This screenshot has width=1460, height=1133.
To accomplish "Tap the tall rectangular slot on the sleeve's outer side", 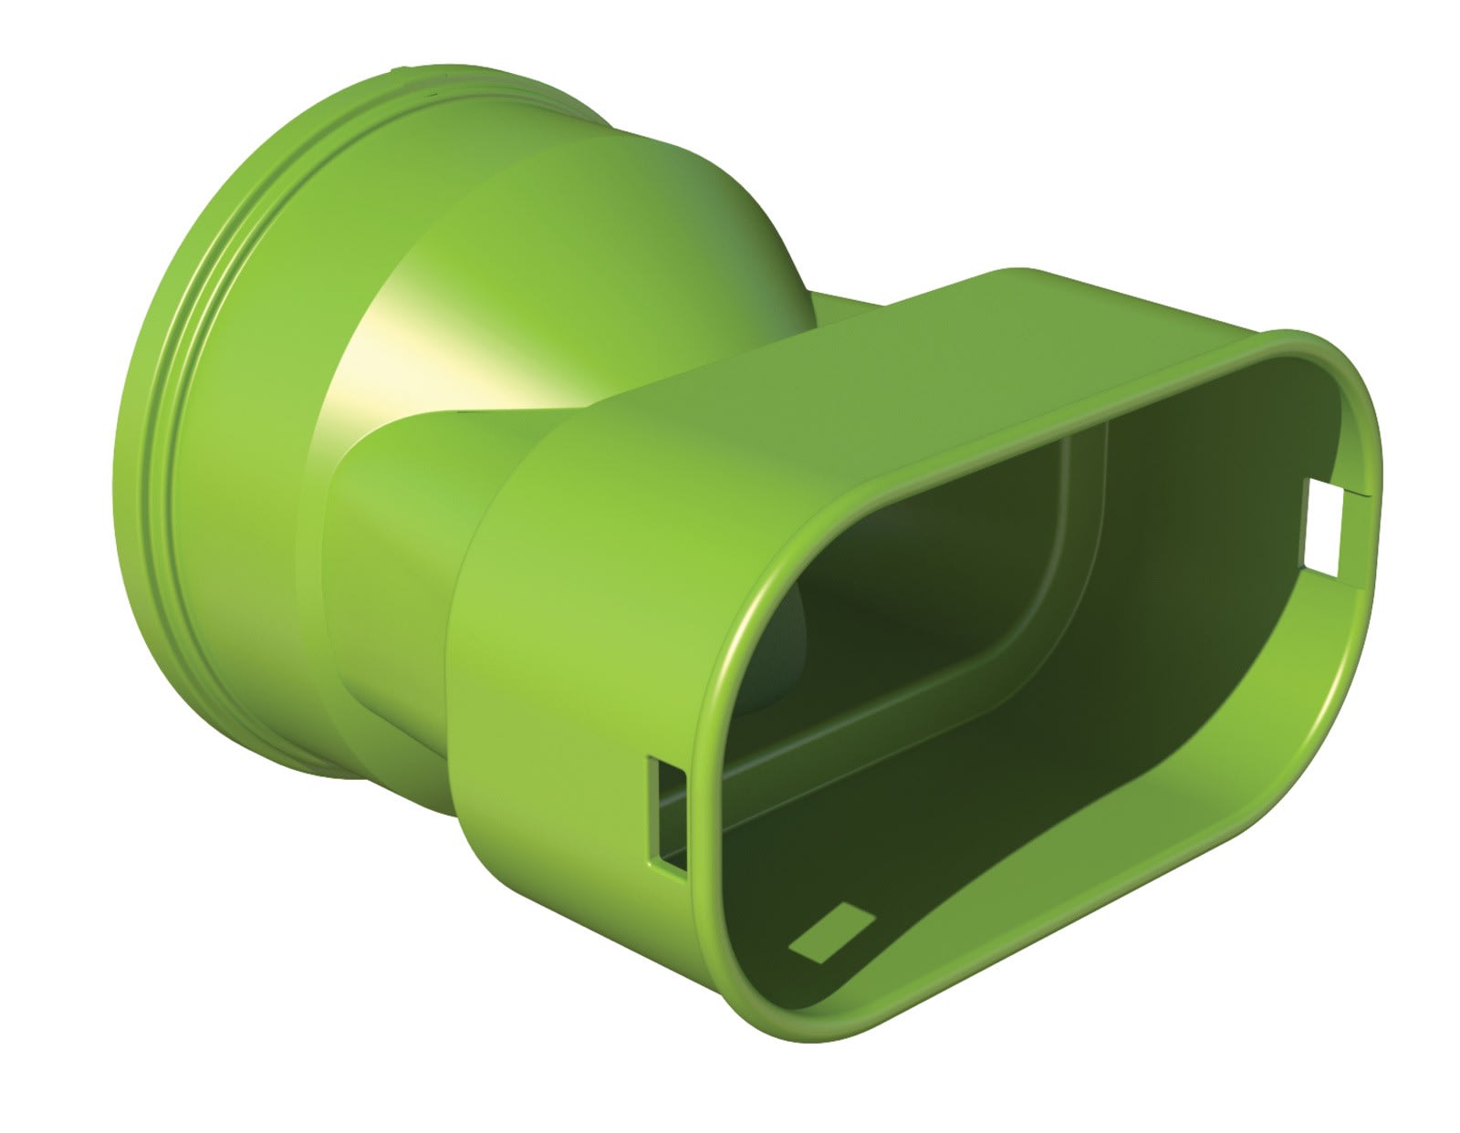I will tap(670, 814).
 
